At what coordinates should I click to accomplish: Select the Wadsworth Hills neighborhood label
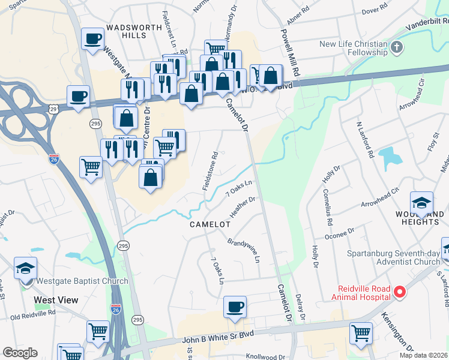point(134,31)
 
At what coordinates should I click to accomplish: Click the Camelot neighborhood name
point(210,224)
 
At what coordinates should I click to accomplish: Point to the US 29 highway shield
point(53,109)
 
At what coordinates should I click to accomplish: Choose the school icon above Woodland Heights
point(421,203)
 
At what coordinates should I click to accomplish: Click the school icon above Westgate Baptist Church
point(26,268)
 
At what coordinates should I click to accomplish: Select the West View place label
point(56,299)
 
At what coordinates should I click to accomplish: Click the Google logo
point(20,353)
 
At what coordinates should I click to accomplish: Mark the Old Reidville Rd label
point(32,313)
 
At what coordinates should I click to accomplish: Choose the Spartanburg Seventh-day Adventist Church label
point(393,257)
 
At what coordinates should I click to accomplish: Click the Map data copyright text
point(423,355)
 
